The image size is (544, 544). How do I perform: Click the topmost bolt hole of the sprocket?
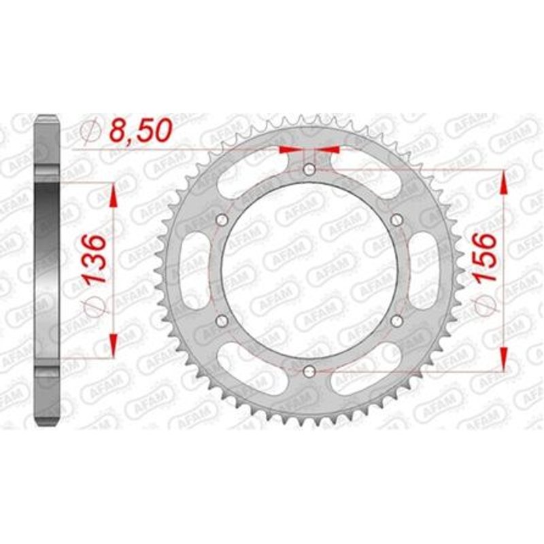tap(309, 169)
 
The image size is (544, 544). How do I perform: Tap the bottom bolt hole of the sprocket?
tap(309, 371)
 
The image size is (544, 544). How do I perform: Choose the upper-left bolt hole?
tap(222, 220)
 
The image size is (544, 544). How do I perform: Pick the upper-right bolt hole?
tap(397, 220)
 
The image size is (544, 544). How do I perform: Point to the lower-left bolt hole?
tap(222, 320)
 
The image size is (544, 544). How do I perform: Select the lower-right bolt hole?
tap(397, 320)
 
